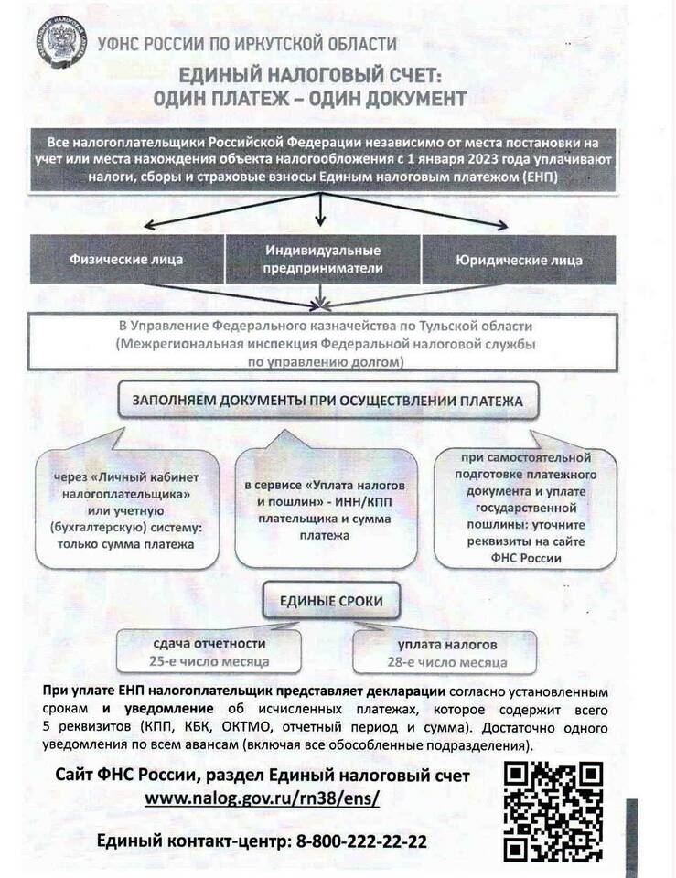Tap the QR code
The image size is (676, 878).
pyautogui.click(x=553, y=810)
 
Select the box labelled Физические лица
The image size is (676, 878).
pyautogui.click(x=126, y=259)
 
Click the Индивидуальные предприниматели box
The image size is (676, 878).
pyautogui.click(x=323, y=259)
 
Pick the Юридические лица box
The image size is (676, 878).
pyautogui.click(x=518, y=259)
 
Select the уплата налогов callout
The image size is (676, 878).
pyautogui.click(x=445, y=651)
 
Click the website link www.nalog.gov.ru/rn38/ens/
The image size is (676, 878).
pyautogui.click(x=262, y=798)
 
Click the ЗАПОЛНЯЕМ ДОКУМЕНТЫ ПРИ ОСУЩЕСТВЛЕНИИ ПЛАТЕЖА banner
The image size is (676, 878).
pyautogui.click(x=327, y=401)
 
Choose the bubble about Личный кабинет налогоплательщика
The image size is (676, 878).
pyautogui.click(x=129, y=511)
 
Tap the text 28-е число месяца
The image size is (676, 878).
pyautogui.click(x=445, y=661)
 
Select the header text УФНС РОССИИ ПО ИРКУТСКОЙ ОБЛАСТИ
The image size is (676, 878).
pyautogui.click(x=247, y=43)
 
